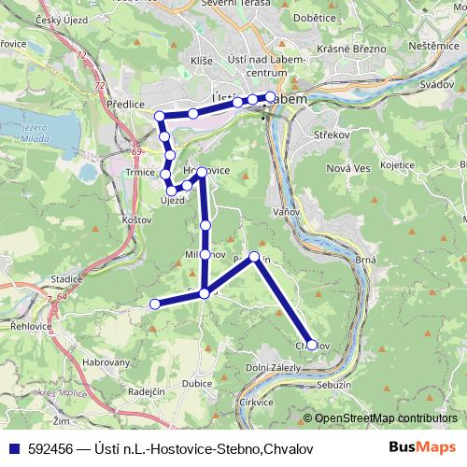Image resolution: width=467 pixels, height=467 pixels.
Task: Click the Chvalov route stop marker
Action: [312, 345]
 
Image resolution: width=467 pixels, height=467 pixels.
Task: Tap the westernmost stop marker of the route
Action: [155, 303]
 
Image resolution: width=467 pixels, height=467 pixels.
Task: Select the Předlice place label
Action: [124, 106]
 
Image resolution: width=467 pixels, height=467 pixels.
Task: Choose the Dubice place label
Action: [198, 382]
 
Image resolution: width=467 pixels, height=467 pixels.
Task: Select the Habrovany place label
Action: [106, 361]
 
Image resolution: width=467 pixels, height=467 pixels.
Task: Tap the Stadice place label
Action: [66, 278]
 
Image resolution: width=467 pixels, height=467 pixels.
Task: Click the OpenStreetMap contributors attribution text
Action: [387, 418]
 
